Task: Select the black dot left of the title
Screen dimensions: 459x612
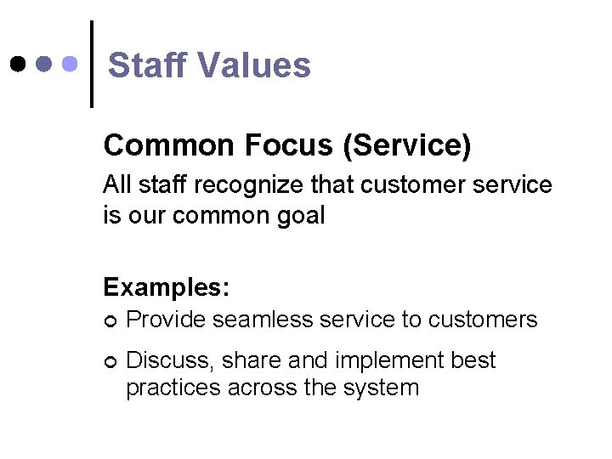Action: pyautogui.click(x=18, y=64)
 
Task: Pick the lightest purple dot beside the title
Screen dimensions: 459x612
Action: pyautogui.click(x=71, y=64)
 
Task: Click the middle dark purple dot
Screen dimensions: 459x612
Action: pyautogui.click(x=45, y=64)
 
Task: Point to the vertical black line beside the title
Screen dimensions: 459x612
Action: pyautogui.click(x=91, y=64)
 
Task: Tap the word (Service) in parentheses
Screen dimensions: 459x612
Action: pyautogui.click(x=405, y=145)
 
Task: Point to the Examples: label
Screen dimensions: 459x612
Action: pyautogui.click(x=166, y=287)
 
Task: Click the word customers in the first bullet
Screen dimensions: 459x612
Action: pyautogui.click(x=483, y=320)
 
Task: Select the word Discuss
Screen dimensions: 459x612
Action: pyautogui.click(x=170, y=361)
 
